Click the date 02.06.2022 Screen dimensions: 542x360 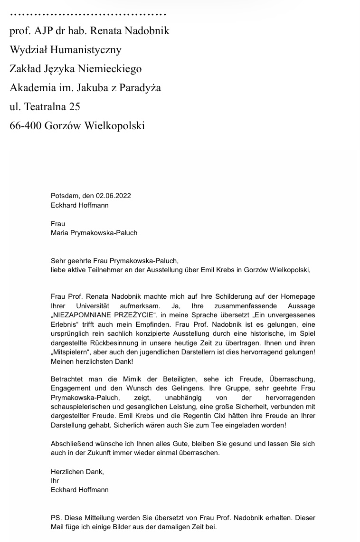[113, 196]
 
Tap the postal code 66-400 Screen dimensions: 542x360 [25, 126]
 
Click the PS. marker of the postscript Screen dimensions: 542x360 [56, 518]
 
